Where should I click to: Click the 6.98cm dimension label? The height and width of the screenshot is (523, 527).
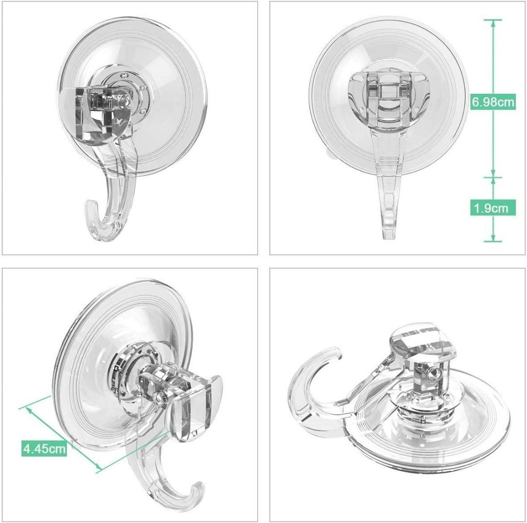(x=493, y=102)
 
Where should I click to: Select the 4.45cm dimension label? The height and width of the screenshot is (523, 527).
(x=44, y=448)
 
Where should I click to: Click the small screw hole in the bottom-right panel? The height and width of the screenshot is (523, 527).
(x=431, y=374)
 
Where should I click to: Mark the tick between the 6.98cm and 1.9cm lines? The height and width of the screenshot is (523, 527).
(x=493, y=176)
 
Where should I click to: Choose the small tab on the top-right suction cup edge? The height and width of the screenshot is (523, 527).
(x=330, y=154)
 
